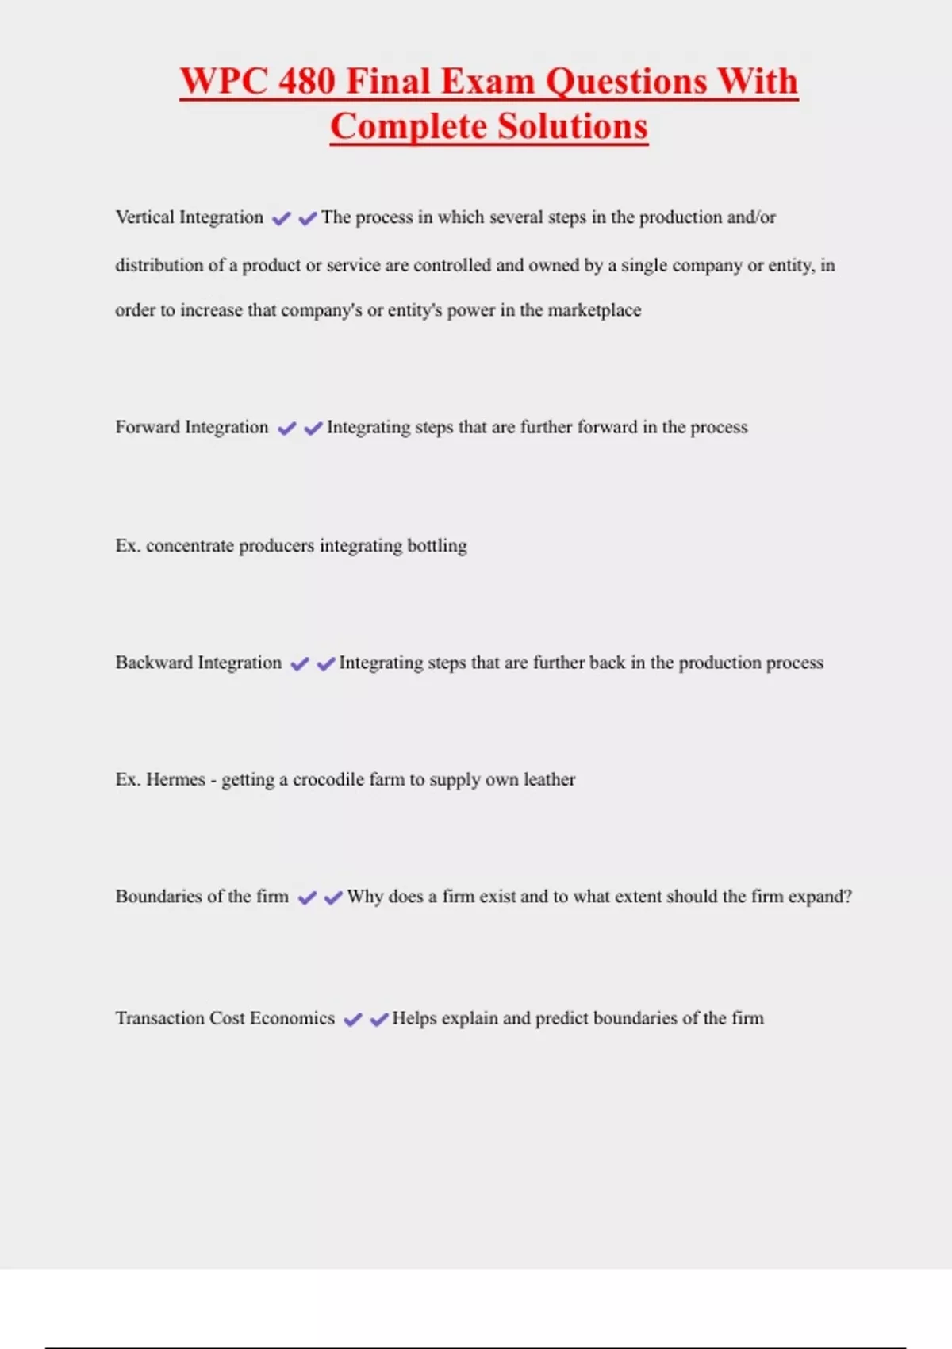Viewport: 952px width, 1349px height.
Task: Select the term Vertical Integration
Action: [189, 217]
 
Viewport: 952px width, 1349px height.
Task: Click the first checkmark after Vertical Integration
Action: [282, 218]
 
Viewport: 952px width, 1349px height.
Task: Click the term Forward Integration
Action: [192, 427]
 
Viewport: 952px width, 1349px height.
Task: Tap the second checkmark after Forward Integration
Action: [313, 429]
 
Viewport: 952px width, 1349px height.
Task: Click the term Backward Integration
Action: [198, 663]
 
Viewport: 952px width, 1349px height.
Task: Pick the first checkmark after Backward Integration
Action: [300, 664]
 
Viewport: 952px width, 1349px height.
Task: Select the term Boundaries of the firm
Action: [202, 897]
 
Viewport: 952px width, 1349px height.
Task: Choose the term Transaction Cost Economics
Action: [225, 1018]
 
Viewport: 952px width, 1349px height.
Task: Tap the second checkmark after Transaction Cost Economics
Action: [379, 1020]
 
